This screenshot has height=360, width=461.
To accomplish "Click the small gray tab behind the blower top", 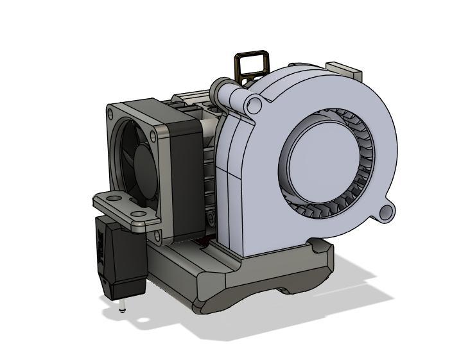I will [344, 68].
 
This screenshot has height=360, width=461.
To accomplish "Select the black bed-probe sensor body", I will [119, 257].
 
